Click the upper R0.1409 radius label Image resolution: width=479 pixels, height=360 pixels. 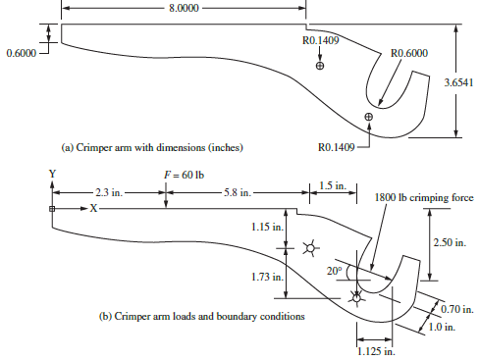pos(325,42)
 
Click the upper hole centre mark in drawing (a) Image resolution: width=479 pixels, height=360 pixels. pos(320,66)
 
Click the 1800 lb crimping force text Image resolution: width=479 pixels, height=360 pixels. pos(424,197)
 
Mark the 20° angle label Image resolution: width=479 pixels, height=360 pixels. pos(335,270)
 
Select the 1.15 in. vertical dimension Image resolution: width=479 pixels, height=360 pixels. pos(263,228)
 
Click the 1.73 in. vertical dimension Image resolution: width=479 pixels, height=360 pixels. pos(263,278)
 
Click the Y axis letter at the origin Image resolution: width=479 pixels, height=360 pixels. pos(52,174)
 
